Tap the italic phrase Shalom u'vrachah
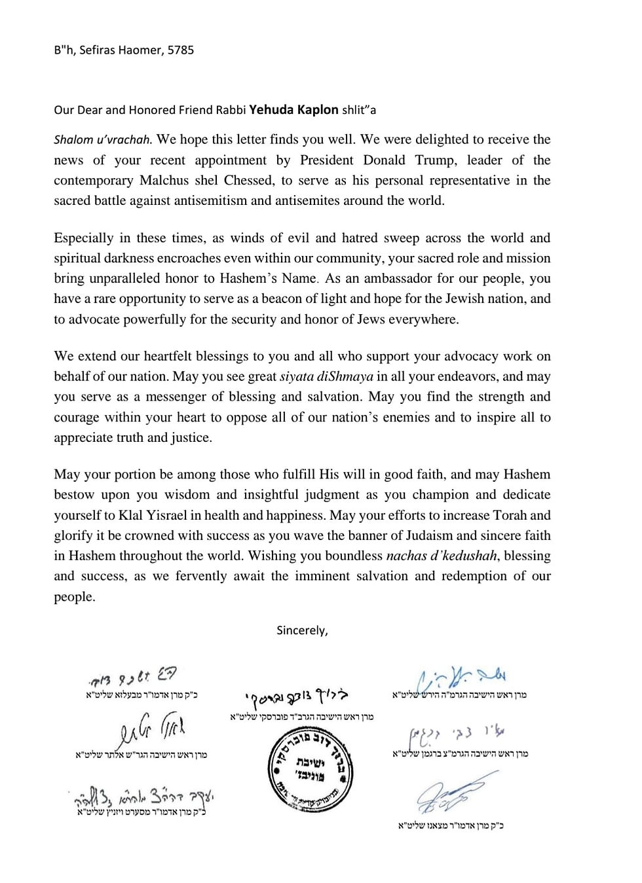click(x=103, y=139)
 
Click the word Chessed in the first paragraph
click(x=244, y=180)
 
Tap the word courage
click(x=76, y=417)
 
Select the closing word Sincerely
click(x=302, y=630)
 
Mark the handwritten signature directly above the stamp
click(x=302, y=696)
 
